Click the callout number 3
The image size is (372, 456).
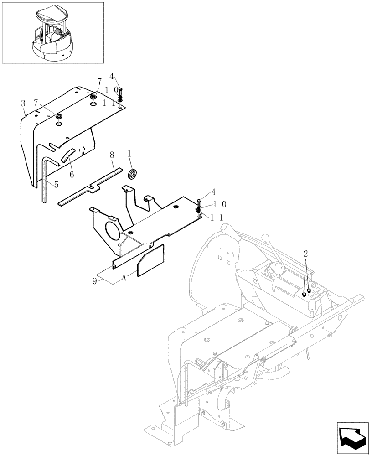(23, 104)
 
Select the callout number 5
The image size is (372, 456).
(56, 185)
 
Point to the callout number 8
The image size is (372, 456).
(112, 155)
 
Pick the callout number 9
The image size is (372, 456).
(95, 281)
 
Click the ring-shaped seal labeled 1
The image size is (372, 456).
(134, 174)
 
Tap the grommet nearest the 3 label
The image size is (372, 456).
(59, 118)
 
